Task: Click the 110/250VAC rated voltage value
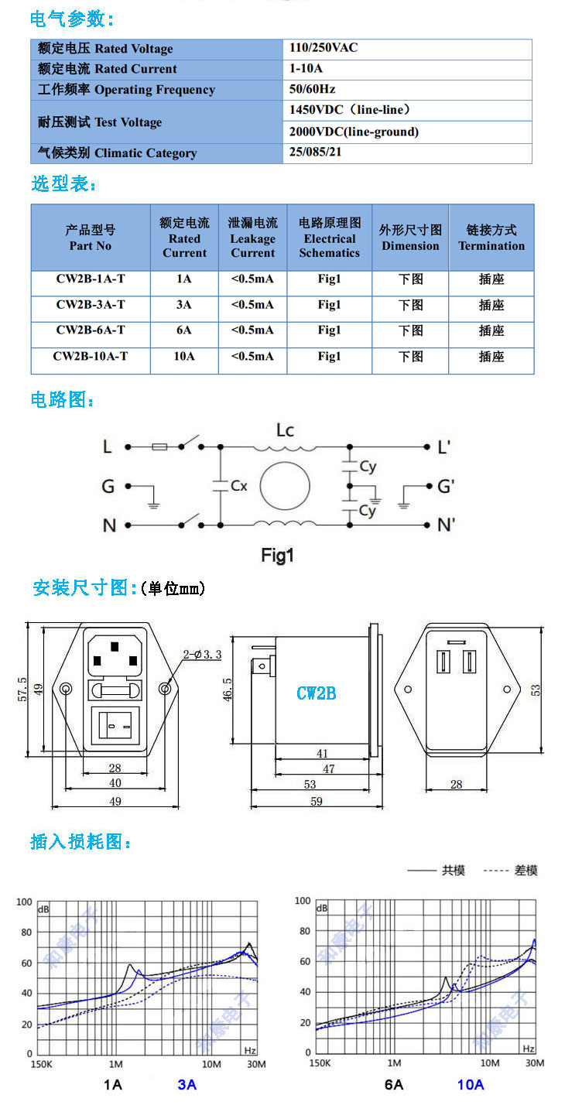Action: pos(324,48)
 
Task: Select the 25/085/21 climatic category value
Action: pos(315,152)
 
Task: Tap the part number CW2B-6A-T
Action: pos(91,330)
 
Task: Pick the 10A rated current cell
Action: pos(184,356)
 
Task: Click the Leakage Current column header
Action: pos(253,238)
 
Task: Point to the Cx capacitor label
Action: pos(239,485)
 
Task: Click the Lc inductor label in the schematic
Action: pos(286,430)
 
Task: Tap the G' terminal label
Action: pos(446,486)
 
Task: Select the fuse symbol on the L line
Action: pos(159,447)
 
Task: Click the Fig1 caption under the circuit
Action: pos(277,555)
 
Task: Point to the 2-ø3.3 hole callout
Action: pos(202,655)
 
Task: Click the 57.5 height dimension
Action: pos(22,690)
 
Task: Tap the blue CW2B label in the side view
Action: pos(317,693)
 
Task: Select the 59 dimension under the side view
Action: pos(317,801)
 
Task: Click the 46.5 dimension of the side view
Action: pos(228,690)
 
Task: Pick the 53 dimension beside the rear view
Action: pos(536,690)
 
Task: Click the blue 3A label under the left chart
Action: pos(187,1084)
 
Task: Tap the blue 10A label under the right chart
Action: pos(471,1084)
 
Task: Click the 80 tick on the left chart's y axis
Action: pos(26,932)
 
